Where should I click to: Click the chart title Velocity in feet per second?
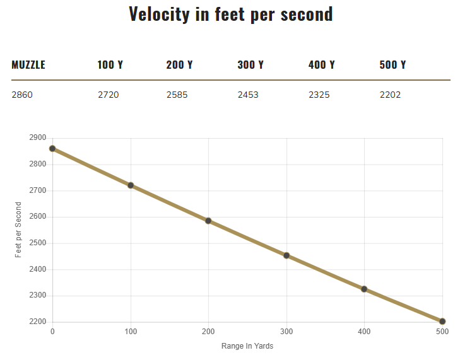(230, 14)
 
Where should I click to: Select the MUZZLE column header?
(28, 65)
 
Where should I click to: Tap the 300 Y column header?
(251, 65)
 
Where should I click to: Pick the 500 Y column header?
(392, 65)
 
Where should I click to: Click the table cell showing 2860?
(22, 95)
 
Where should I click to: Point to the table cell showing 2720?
(108, 95)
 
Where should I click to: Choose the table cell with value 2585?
(177, 95)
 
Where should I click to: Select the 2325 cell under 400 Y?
(319, 95)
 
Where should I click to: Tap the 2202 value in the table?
(390, 95)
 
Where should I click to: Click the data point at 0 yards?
(52, 149)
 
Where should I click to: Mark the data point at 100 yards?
(131, 185)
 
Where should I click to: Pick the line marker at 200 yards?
(208, 221)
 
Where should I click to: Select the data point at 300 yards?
(286, 255)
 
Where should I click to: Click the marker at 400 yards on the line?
(364, 289)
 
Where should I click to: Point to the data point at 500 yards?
(442, 322)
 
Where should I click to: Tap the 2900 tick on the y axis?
(38, 137)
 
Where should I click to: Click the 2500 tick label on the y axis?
(38, 243)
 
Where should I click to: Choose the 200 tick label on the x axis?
(208, 332)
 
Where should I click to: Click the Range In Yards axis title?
(247, 346)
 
